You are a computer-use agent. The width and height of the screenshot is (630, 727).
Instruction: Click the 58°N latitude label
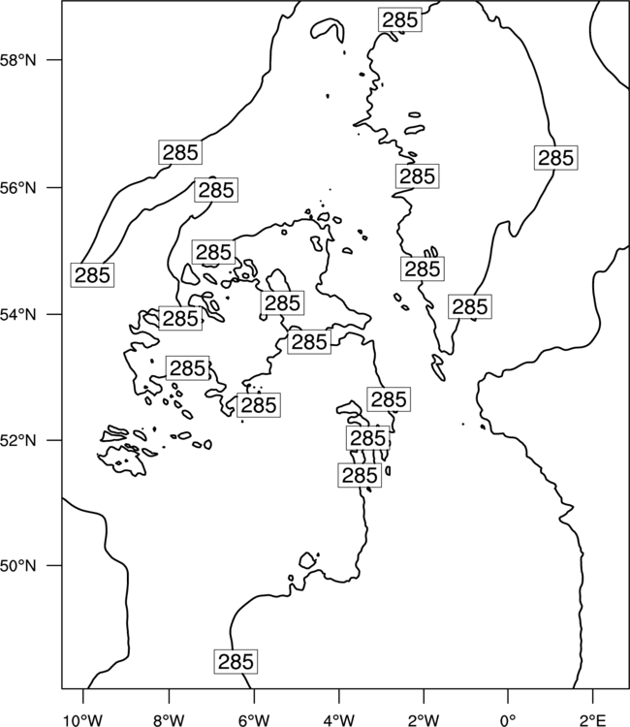[x=18, y=60]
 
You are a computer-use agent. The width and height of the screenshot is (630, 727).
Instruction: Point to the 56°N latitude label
[x=18, y=188]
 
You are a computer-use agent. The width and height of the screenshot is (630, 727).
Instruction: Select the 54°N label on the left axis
[x=18, y=315]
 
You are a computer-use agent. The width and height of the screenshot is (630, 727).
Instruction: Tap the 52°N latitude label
[x=18, y=440]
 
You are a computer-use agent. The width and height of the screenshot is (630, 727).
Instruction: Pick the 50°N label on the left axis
[x=18, y=566]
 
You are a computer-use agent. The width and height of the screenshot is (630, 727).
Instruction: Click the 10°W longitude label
[x=83, y=720]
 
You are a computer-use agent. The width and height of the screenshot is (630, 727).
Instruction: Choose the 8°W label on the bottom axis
[x=169, y=720]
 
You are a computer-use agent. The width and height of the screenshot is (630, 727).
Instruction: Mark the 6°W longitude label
[x=254, y=720]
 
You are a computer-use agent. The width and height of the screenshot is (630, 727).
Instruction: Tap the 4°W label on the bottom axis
[x=339, y=720]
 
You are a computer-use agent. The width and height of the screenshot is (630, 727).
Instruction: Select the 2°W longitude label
[x=424, y=720]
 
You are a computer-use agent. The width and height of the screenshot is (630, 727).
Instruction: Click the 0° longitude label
[x=508, y=720]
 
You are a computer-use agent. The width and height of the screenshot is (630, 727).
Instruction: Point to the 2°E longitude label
[x=593, y=720]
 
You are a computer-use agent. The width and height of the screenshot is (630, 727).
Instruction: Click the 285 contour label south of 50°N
[x=236, y=662]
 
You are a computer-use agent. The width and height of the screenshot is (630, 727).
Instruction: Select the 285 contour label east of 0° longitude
[x=555, y=158]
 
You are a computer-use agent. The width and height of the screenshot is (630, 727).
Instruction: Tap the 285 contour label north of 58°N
[x=400, y=19]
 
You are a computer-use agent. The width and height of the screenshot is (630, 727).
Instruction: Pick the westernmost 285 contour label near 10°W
[x=92, y=274]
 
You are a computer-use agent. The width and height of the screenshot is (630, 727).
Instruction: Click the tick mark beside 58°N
[x=53, y=60]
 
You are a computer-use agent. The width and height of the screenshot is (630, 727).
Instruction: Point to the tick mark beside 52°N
[x=53, y=440]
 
